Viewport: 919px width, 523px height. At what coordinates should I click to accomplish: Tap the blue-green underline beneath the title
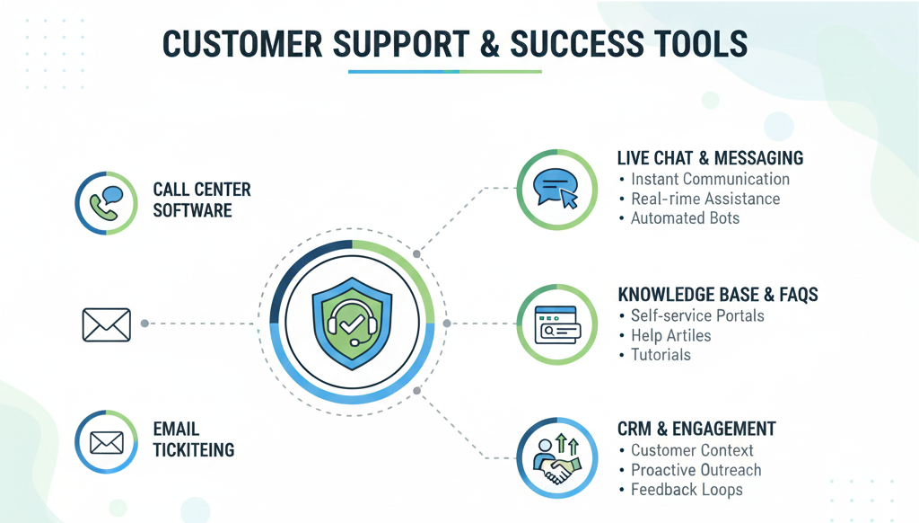coord(444,71)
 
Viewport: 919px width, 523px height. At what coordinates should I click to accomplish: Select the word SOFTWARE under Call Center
coord(192,211)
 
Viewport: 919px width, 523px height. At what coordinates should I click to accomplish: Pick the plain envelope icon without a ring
coord(106,324)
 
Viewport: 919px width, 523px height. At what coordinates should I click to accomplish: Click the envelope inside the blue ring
coord(106,442)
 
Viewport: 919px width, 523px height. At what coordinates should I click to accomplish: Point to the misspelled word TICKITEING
coord(194,450)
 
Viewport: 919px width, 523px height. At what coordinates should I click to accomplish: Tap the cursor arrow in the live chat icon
coord(568,199)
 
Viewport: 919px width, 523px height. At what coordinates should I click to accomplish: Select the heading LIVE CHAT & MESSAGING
coord(710,158)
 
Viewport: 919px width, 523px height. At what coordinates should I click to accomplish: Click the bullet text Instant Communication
coord(710,179)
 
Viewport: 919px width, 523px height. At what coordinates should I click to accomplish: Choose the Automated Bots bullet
coord(685,218)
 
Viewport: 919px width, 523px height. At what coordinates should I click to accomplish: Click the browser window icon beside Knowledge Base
coord(556,324)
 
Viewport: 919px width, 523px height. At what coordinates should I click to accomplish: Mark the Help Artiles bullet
coord(670,335)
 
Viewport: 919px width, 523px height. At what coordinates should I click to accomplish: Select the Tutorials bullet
coord(661,355)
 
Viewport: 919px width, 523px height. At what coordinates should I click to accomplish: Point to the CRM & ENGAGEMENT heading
coord(696,429)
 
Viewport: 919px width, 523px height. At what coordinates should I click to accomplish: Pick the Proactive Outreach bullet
coord(696,470)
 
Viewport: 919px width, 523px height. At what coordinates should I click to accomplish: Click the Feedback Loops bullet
coord(687,490)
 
